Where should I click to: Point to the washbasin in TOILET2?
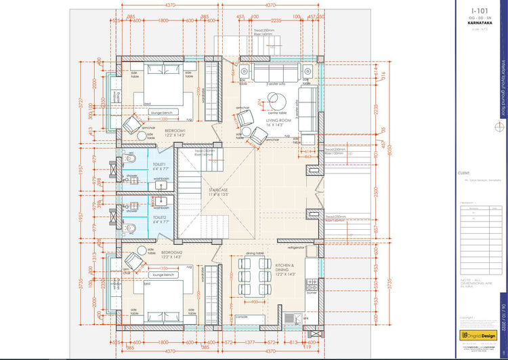[161, 201]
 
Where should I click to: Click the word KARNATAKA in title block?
[482, 24]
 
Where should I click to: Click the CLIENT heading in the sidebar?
[465, 173]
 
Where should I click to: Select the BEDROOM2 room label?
[173, 252]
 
